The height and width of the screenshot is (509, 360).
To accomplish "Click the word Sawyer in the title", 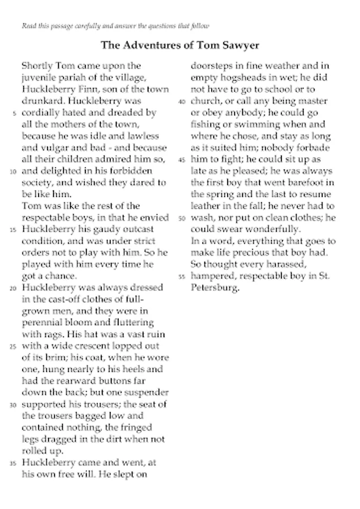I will [x=237, y=45].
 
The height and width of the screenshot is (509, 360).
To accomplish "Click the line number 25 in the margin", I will [x=13, y=347].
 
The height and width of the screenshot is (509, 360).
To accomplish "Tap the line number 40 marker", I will [x=182, y=102].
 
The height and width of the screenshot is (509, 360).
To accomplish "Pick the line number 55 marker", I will [x=182, y=277].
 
